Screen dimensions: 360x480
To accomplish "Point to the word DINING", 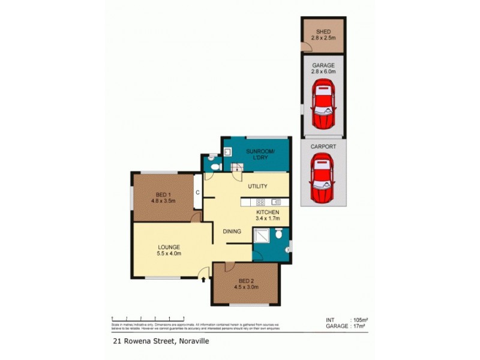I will (x=232, y=231).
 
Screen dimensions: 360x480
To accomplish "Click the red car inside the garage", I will (x=323, y=106).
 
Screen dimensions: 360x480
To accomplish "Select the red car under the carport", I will (x=323, y=178).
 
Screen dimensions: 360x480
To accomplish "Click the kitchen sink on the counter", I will (x=275, y=202).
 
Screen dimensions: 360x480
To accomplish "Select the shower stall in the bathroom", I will (x=262, y=238).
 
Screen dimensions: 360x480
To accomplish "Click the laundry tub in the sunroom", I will (x=227, y=152).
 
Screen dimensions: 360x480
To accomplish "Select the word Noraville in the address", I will (x=193, y=343).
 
